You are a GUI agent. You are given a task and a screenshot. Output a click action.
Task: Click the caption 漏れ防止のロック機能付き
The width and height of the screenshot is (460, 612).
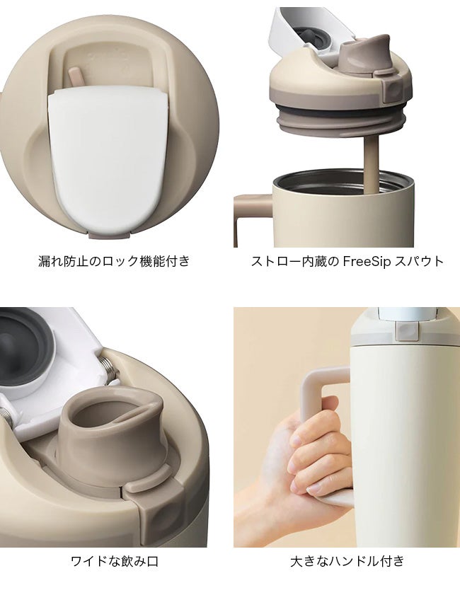[x=114, y=261]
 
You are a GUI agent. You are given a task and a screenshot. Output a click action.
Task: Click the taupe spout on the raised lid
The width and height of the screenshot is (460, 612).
[x=364, y=54]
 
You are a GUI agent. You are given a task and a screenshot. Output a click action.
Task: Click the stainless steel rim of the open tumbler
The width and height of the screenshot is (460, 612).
[x=343, y=182]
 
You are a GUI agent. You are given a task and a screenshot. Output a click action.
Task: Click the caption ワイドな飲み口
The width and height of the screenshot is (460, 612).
[x=115, y=561]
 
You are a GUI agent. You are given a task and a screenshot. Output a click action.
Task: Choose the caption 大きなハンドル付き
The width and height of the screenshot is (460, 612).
[x=347, y=561]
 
